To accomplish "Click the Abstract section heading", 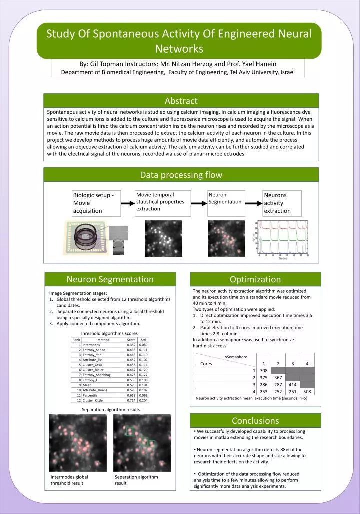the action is tap(181, 101).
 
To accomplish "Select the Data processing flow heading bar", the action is tap(181, 175).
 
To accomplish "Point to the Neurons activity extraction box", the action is tap(282, 203).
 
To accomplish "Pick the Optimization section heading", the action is tap(255, 279).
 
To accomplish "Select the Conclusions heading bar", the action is tap(255, 421).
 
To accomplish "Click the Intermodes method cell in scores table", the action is tap(92, 345).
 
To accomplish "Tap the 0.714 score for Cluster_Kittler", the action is tap(131, 400).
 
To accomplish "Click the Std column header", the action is tap(143, 340).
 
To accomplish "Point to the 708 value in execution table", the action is tap(264, 370).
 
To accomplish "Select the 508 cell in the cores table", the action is tap(307, 392).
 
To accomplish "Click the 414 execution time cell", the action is tap(293, 385).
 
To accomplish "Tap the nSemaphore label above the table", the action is tap(236, 357).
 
